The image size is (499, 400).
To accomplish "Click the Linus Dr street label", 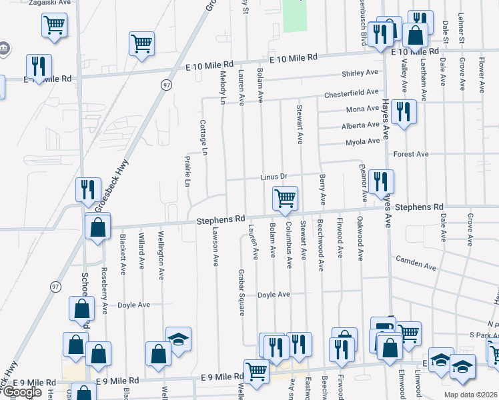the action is pos(274,176).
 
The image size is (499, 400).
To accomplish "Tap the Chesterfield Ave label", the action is pos(352,94).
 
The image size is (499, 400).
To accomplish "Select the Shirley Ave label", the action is pos(360,73).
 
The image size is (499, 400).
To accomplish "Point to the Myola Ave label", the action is pos(362,142).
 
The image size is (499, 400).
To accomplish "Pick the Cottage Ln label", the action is pos(203,138).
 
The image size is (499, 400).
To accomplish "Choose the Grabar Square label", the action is pos(241,288).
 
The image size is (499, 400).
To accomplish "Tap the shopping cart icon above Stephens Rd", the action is pos(285,198).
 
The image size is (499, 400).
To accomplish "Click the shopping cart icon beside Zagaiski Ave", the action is pos(54,25).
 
